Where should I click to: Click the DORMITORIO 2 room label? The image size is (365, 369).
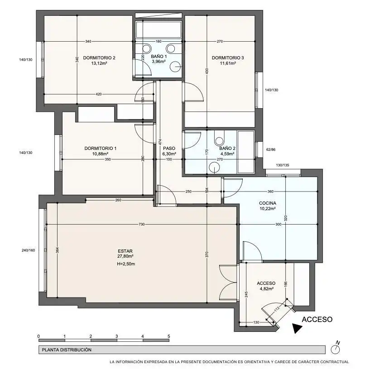pyautogui.click(x=99, y=58)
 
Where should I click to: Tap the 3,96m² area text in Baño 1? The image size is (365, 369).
pyautogui.click(x=158, y=62)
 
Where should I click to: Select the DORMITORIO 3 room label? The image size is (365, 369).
pyautogui.click(x=228, y=58)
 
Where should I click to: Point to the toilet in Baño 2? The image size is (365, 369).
pyautogui.click(x=219, y=139)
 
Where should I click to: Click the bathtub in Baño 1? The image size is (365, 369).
pyautogui.click(x=159, y=29)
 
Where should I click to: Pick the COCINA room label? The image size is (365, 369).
pyautogui.click(x=268, y=203)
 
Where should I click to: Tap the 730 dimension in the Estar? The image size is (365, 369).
pyautogui.click(x=141, y=224)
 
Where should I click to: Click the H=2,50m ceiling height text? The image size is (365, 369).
pyautogui.click(x=126, y=264)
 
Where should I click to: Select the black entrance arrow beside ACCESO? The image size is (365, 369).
pyautogui.click(x=297, y=328)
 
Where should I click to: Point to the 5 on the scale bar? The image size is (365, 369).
pyautogui.click(x=169, y=336)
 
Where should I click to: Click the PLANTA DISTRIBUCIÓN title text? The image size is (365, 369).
pyautogui.click(x=67, y=350)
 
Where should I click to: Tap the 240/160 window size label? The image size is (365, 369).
pyautogui.click(x=28, y=250)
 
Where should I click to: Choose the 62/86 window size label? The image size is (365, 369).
pyautogui.click(x=271, y=149)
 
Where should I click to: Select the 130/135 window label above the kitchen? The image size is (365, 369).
pyautogui.click(x=283, y=165)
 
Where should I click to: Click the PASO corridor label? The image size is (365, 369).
pyautogui.click(x=169, y=148)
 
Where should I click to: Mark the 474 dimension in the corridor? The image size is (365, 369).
pyautogui.click(x=160, y=142)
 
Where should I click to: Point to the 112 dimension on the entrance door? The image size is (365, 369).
pyautogui.click(x=277, y=308)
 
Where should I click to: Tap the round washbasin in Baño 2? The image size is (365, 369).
pyautogui.click(x=214, y=168)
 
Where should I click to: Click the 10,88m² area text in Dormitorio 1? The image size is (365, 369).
pyautogui.click(x=100, y=154)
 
